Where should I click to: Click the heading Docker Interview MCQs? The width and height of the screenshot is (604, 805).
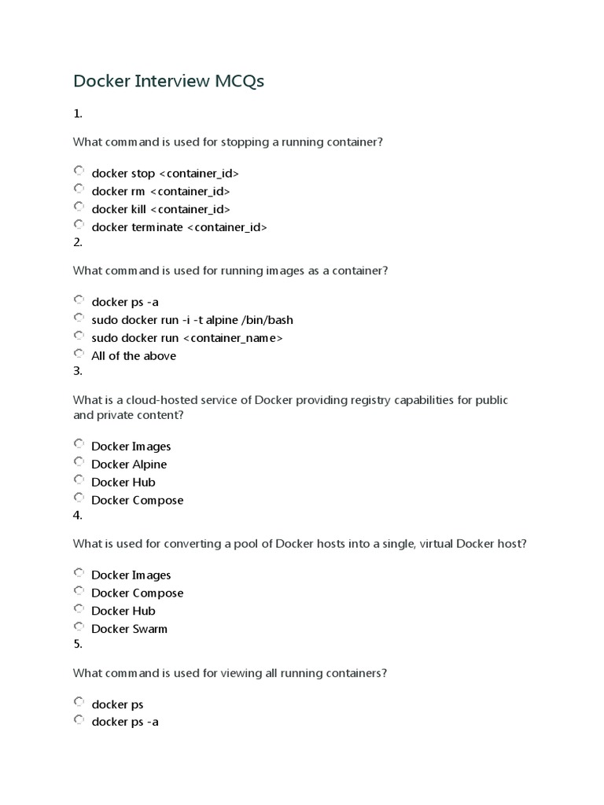coord(169,82)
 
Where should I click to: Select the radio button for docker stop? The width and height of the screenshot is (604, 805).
coord(79,171)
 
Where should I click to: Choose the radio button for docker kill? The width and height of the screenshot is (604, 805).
coord(79,207)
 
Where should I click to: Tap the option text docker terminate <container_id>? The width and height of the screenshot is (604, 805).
coord(179,227)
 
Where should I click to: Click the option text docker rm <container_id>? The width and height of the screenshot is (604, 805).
coord(160,191)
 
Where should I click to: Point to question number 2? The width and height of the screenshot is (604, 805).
coord(78,242)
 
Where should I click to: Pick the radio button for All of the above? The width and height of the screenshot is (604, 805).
coord(79,353)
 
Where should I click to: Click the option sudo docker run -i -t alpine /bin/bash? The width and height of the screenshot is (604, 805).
coord(192,320)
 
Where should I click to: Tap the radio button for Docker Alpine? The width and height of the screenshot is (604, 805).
coord(79,461)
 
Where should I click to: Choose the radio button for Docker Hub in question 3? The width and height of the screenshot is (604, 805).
coord(79,480)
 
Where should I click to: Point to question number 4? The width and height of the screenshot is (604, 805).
coord(78,516)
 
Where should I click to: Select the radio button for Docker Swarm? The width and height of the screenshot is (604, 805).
coord(79,627)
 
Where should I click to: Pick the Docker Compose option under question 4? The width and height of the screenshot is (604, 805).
coord(137,593)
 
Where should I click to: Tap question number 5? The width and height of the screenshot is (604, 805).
coord(78,644)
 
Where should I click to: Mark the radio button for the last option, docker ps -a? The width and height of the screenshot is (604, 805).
coord(79,719)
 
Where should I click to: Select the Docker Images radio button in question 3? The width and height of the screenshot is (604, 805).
coord(79,443)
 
